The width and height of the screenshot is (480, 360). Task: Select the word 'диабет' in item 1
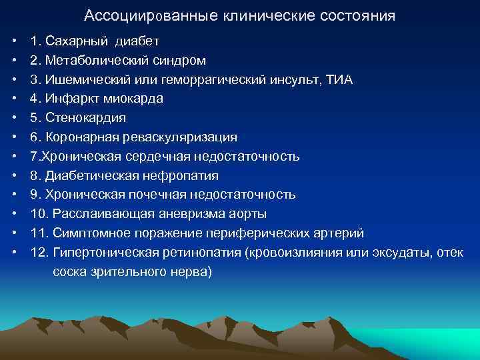[x=137, y=41]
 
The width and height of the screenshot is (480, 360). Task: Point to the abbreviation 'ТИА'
[x=340, y=80]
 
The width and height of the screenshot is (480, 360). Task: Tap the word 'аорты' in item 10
[x=248, y=215]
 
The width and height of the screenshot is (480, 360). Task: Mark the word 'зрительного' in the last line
[x=130, y=272]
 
